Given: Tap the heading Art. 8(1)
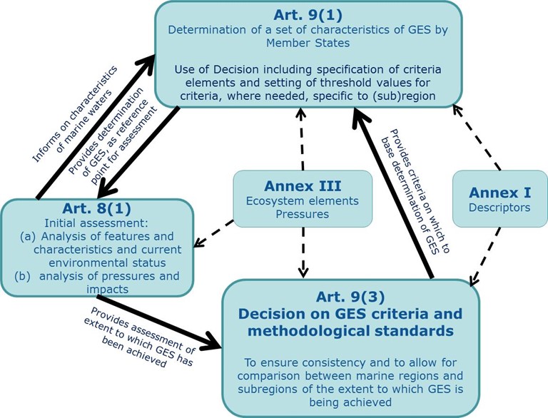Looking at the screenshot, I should coord(97,211).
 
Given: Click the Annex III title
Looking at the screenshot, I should coord(303,186).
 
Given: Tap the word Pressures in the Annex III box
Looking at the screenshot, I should coord(303,214).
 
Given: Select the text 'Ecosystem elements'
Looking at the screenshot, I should coord(303,201).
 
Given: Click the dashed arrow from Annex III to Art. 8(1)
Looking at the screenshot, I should coord(218,233).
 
